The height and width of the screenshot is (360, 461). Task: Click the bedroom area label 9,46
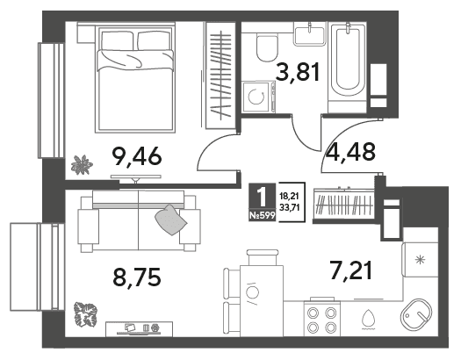(137, 156)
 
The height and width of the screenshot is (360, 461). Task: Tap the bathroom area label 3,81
(299, 72)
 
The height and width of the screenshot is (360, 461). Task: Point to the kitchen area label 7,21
(350, 270)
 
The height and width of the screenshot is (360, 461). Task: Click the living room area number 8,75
(137, 277)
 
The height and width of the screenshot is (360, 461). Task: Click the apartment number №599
(263, 216)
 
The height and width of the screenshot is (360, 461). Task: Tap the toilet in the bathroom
(267, 47)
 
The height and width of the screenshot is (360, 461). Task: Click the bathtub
(348, 61)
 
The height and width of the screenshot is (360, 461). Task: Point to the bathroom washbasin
(310, 34)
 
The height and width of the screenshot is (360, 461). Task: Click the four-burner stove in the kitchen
(322, 319)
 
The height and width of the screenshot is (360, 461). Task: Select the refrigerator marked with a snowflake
(420, 260)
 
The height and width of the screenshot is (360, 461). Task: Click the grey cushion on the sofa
(171, 220)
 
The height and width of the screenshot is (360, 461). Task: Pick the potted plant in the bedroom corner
(82, 164)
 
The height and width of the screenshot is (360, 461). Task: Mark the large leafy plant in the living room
(85, 314)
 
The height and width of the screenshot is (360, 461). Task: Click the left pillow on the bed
(117, 41)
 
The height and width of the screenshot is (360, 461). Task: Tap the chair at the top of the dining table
(263, 257)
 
